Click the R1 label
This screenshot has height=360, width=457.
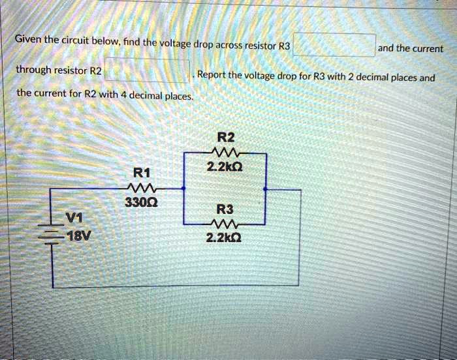coord(142,173)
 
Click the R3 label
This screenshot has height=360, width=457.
coord(224,210)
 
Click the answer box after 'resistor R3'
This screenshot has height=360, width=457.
coord(334,46)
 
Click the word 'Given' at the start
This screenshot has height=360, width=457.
coord(28,40)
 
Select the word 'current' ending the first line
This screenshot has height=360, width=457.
coord(426,49)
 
